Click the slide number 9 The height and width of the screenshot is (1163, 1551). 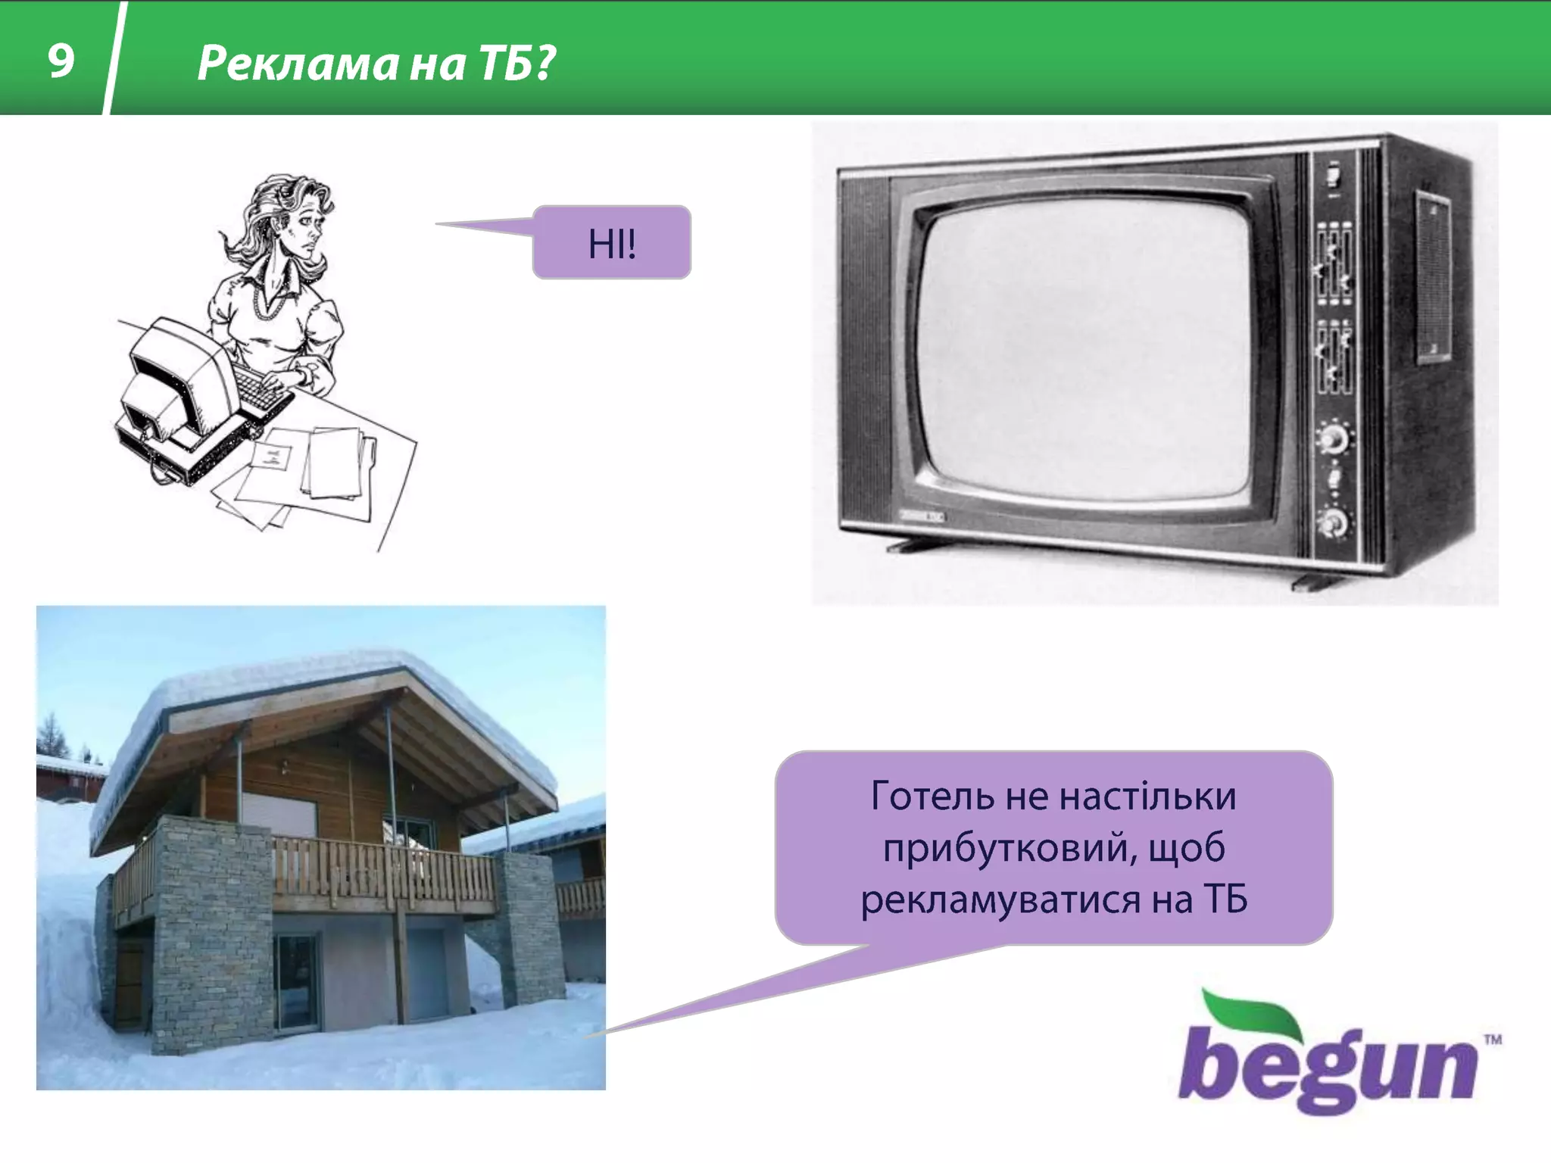coord(61,61)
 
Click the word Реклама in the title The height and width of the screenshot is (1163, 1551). coord(297,64)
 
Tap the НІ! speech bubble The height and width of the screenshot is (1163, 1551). coord(612,243)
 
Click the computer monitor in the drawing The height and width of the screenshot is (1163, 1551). coord(170,379)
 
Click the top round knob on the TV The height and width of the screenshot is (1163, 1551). coord(1333,438)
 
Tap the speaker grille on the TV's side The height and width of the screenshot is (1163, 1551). coord(1434,276)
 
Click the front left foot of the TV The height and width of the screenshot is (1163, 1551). coord(913,544)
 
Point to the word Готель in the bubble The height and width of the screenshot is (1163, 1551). coord(932,797)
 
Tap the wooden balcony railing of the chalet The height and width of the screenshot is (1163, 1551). coord(379,871)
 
